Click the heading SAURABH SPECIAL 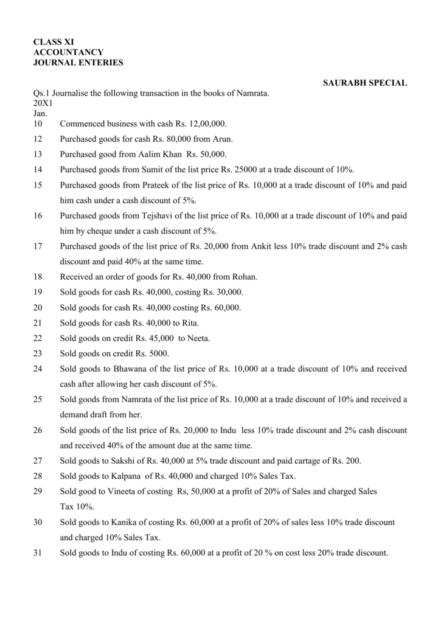click(364, 83)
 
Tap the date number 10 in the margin click(38, 124)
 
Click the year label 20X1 click(43, 103)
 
